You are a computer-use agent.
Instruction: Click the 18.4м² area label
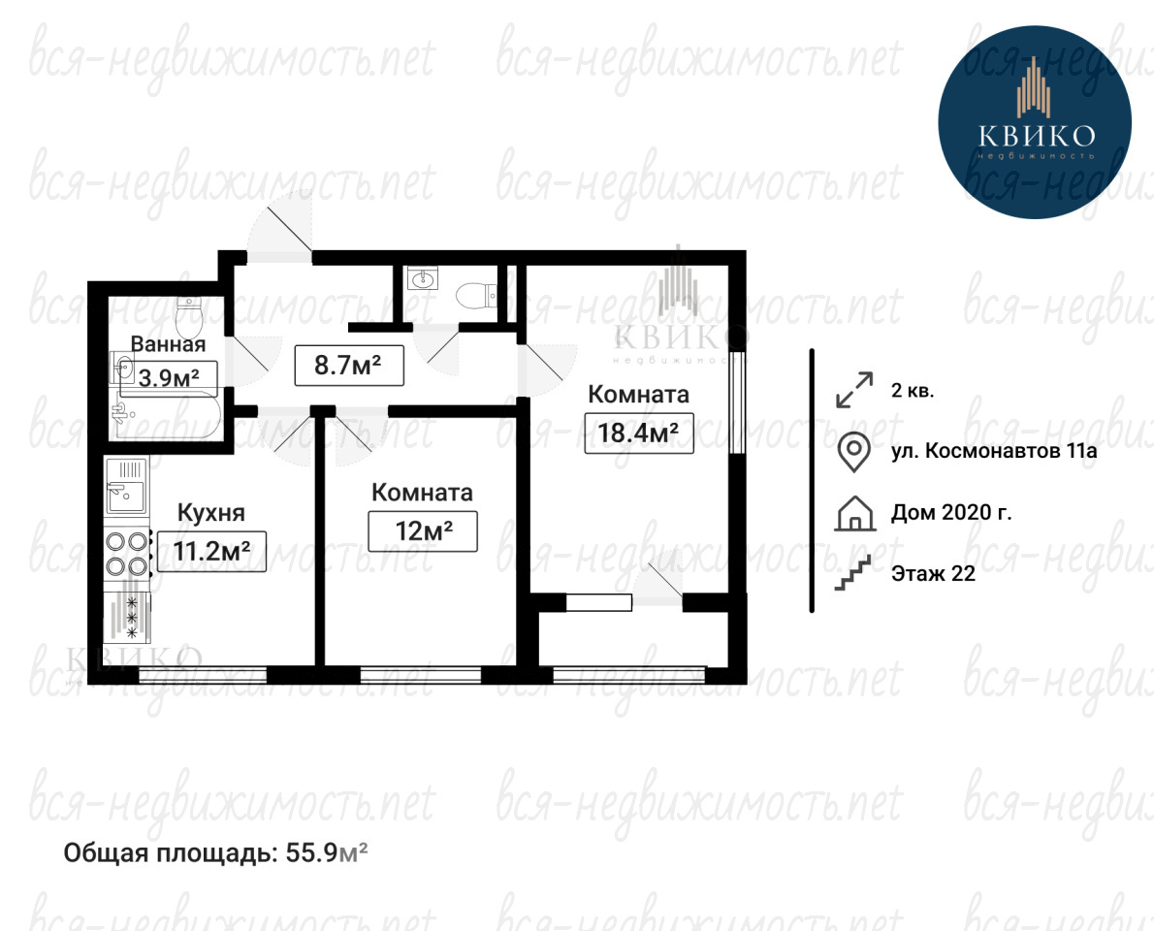[x=638, y=433]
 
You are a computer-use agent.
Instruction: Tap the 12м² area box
[x=423, y=530]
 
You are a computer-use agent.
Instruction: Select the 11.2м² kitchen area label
[x=211, y=551]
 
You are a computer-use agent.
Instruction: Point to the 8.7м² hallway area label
[x=349, y=365]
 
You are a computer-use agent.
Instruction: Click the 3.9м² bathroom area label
[x=170, y=378]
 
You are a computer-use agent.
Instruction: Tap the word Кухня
[x=211, y=512]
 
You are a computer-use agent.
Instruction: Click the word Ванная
[x=168, y=343]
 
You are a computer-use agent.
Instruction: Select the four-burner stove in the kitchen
[x=127, y=554]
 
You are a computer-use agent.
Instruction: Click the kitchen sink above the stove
[x=127, y=486]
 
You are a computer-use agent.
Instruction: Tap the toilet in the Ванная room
[x=190, y=316]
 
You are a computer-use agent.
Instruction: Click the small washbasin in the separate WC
[x=423, y=279]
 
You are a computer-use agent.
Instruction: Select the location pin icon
[x=853, y=451]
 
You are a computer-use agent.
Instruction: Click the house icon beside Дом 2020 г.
[x=855, y=513]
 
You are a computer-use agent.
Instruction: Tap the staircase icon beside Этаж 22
[x=853, y=573]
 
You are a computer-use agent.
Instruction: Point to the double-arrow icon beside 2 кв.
[x=854, y=389]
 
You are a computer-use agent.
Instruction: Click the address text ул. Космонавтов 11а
[x=994, y=450]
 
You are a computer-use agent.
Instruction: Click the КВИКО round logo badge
[x=1035, y=122]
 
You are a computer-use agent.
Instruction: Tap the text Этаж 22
[x=933, y=573]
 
